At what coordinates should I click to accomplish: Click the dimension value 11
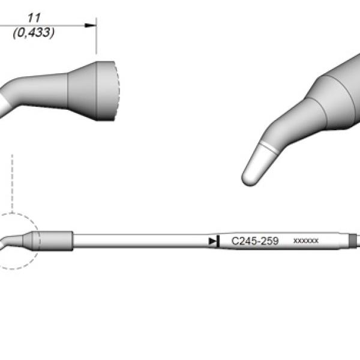click(x=34, y=18)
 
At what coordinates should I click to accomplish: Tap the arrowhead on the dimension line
click(x=90, y=25)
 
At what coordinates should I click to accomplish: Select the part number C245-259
click(x=255, y=241)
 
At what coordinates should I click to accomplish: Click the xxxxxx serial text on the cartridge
click(x=306, y=241)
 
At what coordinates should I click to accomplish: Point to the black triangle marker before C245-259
click(x=212, y=241)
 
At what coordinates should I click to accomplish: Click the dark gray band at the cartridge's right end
click(x=353, y=240)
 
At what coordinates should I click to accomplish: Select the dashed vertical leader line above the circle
click(x=12, y=184)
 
